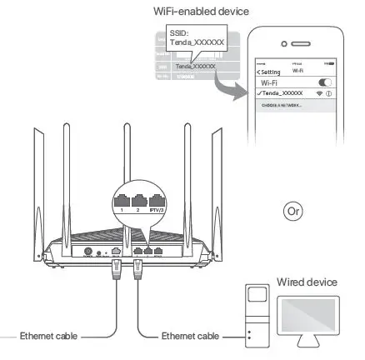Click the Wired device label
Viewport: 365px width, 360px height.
[x=307, y=282]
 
